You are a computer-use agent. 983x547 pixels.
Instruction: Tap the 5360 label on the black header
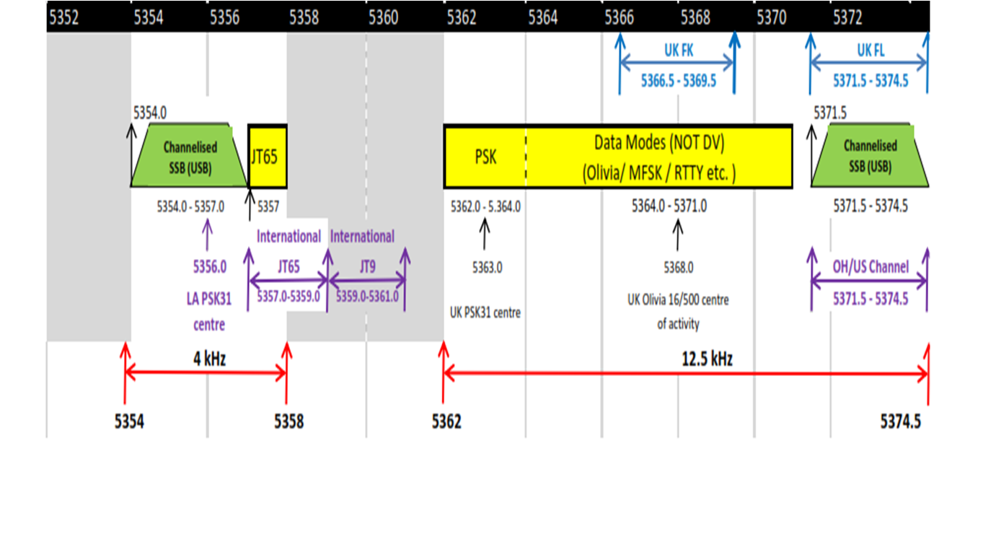pyautogui.click(x=382, y=18)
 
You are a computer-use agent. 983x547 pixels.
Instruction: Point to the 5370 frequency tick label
pyautogui.click(x=772, y=18)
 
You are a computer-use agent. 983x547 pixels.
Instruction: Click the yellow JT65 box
pyautogui.click(x=268, y=157)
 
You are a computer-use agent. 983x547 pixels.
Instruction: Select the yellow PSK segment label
pyautogui.click(x=486, y=157)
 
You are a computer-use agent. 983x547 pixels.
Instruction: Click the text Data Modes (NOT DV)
pyautogui.click(x=658, y=143)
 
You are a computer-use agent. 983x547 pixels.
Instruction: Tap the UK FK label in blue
pyautogui.click(x=678, y=51)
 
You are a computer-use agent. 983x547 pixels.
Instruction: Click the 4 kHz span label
pyautogui.click(x=210, y=358)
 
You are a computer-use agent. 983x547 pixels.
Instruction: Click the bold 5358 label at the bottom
pyautogui.click(x=288, y=421)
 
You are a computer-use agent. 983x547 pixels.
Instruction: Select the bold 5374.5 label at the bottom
pyautogui.click(x=900, y=421)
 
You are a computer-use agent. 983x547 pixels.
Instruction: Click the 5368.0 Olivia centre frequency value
pyautogui.click(x=678, y=268)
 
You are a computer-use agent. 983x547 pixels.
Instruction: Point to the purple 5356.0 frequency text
pyautogui.click(x=209, y=266)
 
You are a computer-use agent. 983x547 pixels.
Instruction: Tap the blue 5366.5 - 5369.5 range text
pyautogui.click(x=678, y=81)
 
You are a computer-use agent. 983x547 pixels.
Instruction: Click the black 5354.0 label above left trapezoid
pyautogui.click(x=150, y=113)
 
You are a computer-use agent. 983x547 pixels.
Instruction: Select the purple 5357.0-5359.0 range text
pyautogui.click(x=288, y=296)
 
